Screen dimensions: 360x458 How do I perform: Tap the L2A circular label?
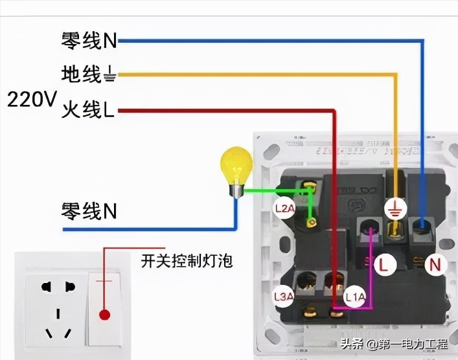pyautogui.click(x=285, y=209)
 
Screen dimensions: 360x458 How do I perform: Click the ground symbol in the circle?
pyautogui.click(x=393, y=209)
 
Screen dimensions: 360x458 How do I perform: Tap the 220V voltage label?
pyautogui.click(x=32, y=100)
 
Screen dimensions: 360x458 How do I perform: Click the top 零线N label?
pyautogui.click(x=89, y=41)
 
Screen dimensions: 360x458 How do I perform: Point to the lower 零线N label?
pyautogui.click(x=89, y=211)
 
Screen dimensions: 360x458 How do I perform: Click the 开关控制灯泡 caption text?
pyautogui.click(x=187, y=262)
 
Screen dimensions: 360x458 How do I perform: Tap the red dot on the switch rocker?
pyautogui.click(x=103, y=315)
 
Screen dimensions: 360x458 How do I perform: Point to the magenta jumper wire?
pyautogui.click(x=370, y=272)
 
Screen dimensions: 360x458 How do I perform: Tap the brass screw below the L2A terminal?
pyautogui.click(x=312, y=223)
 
